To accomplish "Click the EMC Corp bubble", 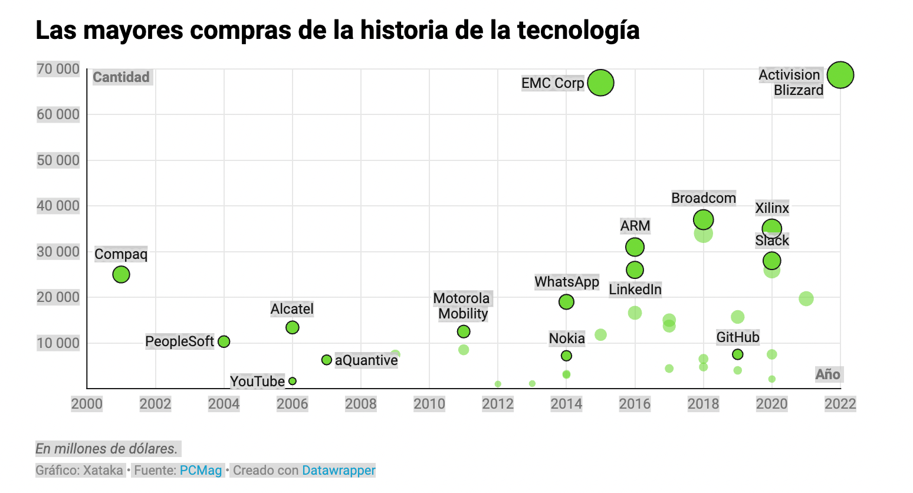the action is (600, 83).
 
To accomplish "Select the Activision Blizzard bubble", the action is (840, 75).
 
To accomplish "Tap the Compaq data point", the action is (121, 275).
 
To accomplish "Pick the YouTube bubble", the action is (292, 381).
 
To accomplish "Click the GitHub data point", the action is (737, 354).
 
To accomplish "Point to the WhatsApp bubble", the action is (566, 302).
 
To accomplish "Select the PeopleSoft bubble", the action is (224, 341).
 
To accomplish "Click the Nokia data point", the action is (566, 356).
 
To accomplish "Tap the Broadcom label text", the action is (704, 198).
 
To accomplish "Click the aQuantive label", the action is (366, 360).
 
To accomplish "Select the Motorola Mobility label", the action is (462, 306).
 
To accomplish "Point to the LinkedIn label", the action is (635, 290).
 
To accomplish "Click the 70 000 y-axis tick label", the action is (58, 69).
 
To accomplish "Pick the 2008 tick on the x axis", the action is (361, 404).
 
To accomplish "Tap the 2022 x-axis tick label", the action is (840, 404).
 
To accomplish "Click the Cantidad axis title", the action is (121, 77).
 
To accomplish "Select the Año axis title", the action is (828, 374).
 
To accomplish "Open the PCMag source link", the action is (201, 470).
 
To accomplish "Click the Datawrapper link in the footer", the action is (339, 470).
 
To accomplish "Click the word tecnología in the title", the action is (579, 30).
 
